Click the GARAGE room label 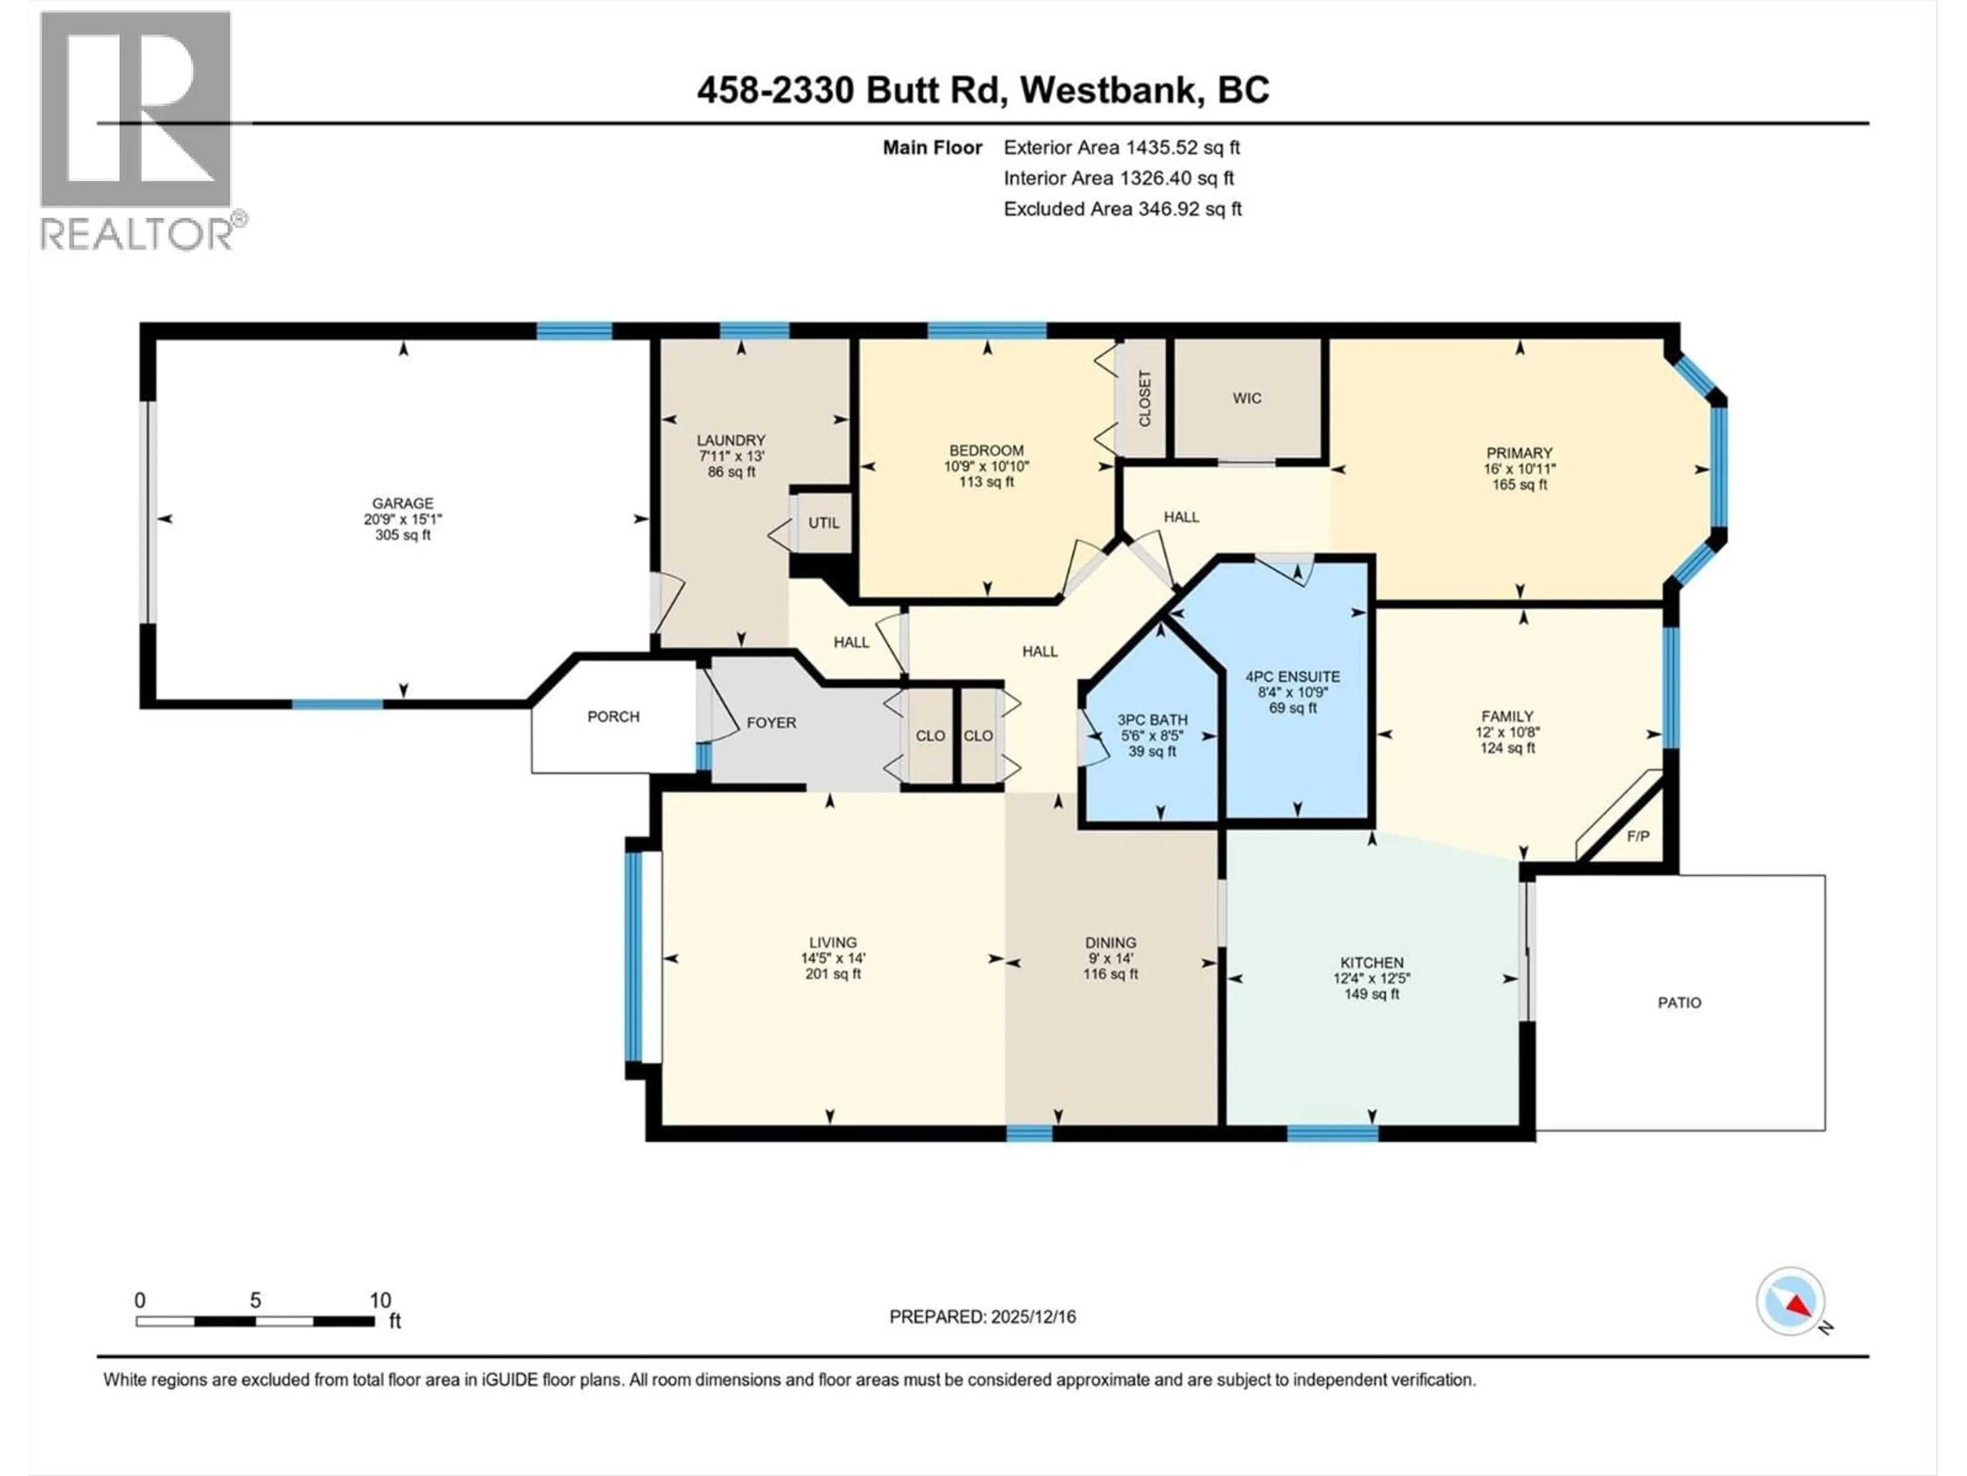click(403, 503)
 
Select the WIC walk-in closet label click(1247, 398)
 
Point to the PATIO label click(1679, 1002)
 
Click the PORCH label click(613, 716)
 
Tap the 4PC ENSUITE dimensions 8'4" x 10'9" click(1292, 692)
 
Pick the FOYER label click(771, 723)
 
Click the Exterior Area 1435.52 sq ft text click(1121, 148)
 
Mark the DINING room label click(1110, 942)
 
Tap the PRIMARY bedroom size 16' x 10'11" click(1519, 469)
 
